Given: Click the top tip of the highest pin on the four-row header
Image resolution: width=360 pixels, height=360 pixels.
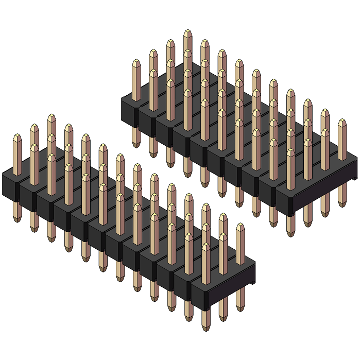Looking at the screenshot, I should pyautogui.click(x=187, y=31).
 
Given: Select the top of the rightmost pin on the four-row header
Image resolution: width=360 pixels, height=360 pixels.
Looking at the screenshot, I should pyautogui.click(x=342, y=122).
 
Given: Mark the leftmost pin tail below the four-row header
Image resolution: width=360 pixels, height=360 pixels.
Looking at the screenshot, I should pyautogui.click(x=136, y=145).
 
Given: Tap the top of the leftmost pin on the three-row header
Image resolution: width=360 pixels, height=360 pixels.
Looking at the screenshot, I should pyautogui.click(x=17, y=137).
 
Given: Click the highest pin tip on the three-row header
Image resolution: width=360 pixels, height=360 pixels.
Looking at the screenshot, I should pyautogui.click(x=52, y=117).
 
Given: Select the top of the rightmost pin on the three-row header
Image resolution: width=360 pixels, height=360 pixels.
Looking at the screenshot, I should pyautogui.click(x=240, y=226).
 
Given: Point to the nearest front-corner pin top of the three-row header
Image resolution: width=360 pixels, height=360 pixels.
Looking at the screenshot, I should pyautogui.click(x=205, y=246).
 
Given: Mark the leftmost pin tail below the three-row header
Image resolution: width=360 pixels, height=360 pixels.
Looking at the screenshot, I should pyautogui.click(x=17, y=219).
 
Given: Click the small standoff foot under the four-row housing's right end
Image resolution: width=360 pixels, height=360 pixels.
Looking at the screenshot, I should pyautogui.click(x=355, y=178).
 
